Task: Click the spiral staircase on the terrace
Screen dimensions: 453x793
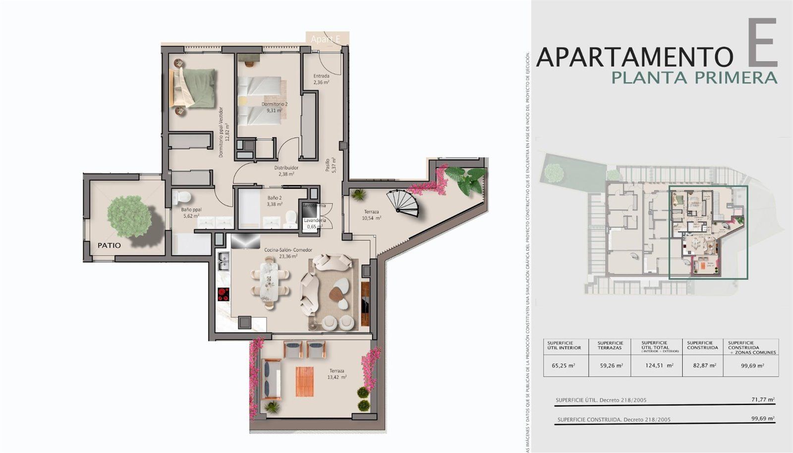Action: (402, 203)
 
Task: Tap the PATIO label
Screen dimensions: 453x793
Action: (109, 245)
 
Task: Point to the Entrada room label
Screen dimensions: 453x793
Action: (321, 76)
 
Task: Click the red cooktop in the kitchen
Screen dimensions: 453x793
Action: (224, 294)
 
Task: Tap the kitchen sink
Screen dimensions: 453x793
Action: (223, 262)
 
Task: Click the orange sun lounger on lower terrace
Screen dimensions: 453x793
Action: (305, 381)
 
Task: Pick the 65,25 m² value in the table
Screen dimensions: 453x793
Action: (563, 365)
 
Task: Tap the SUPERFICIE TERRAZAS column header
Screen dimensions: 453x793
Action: (610, 345)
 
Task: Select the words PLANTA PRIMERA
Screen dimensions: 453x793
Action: (694, 78)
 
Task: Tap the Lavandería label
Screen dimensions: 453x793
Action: (315, 220)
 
